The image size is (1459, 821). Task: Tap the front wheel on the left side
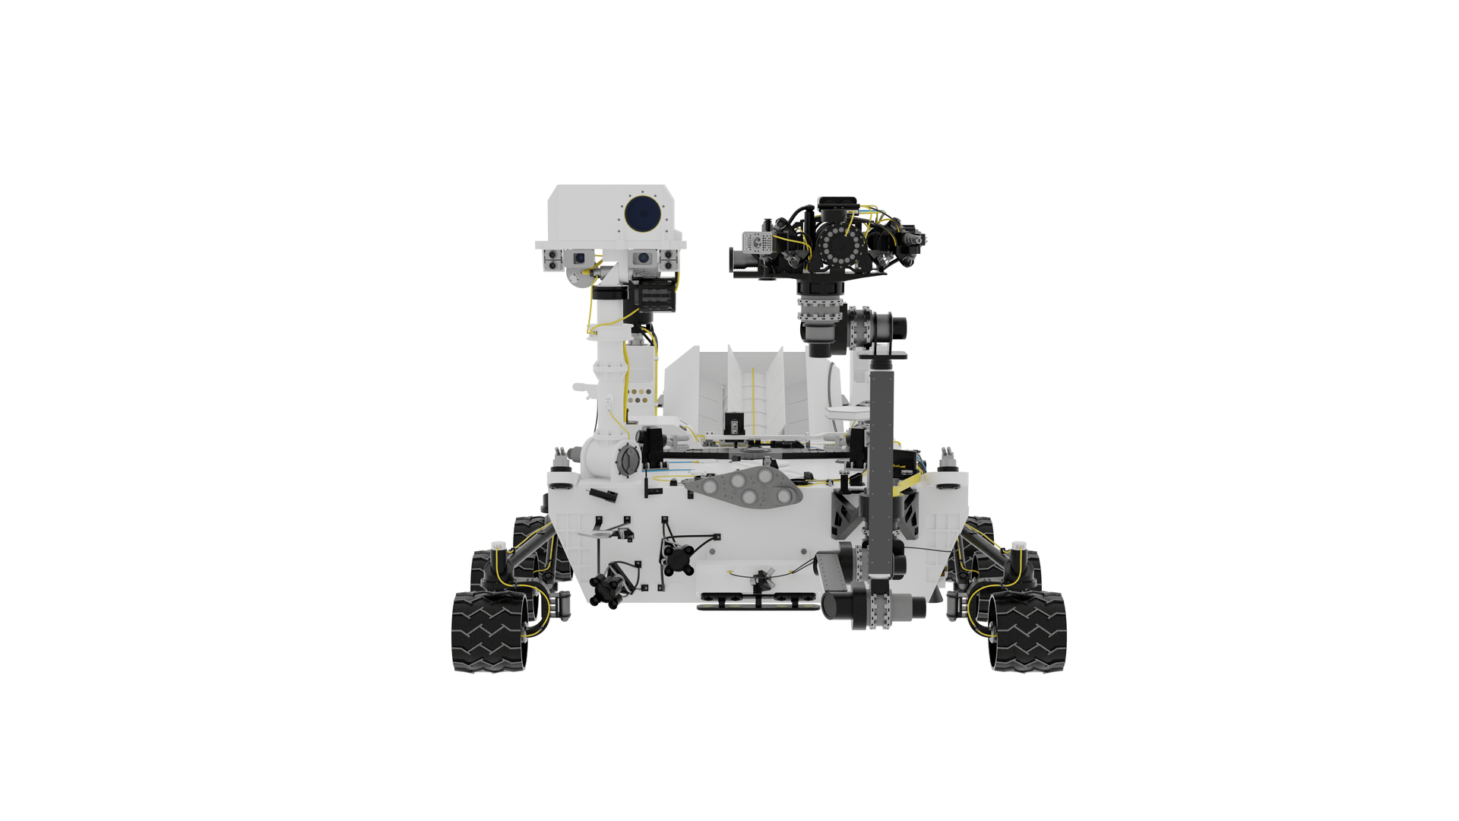(489, 632)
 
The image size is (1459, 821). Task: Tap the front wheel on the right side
(1028, 632)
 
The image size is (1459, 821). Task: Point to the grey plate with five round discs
(744, 487)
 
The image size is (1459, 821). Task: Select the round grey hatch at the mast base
(628, 459)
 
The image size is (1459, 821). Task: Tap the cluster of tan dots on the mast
(641, 395)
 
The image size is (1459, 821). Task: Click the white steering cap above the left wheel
(498, 546)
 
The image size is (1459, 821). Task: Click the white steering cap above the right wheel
(1018, 547)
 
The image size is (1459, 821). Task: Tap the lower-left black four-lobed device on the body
(606, 588)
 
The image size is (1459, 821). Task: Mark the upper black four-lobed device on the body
(676, 558)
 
